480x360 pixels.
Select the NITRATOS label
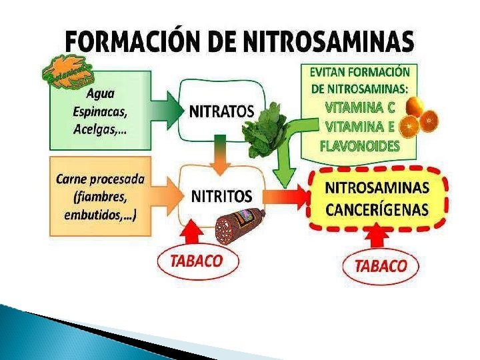pos(222,112)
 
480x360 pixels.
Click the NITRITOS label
pos(222,196)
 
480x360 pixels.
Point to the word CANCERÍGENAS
pos(377,209)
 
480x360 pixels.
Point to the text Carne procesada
pos(101,179)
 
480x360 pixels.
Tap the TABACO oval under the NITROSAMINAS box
pos(381,266)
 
